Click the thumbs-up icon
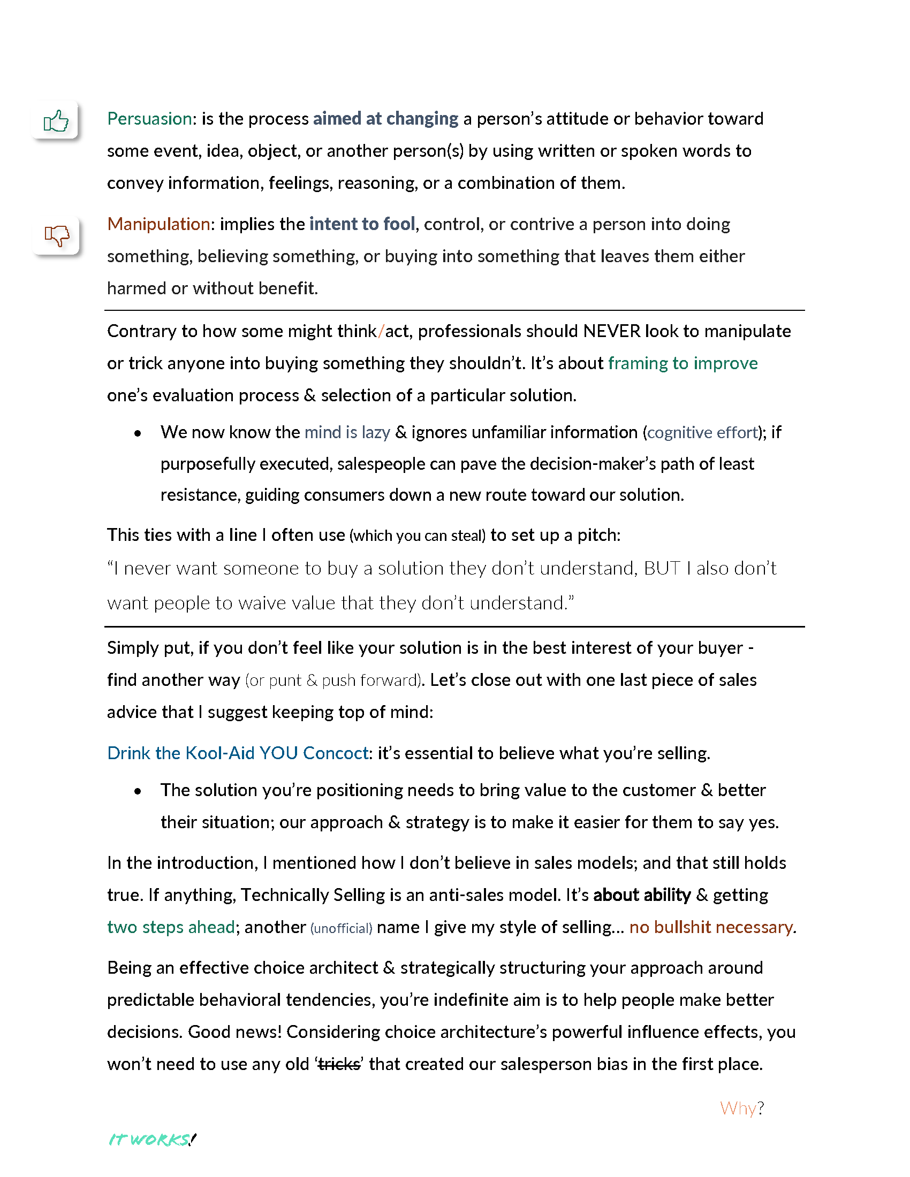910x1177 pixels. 56,121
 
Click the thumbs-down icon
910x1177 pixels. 57,235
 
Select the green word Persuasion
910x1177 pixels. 149,119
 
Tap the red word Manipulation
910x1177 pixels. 158,224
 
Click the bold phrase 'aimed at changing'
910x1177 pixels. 385,119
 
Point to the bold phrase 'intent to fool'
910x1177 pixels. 362,224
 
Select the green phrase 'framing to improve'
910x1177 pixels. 682,363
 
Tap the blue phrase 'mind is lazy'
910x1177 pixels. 347,432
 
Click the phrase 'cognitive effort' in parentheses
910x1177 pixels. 702,432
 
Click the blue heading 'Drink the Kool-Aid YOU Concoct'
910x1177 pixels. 238,753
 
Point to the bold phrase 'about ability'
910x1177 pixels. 641,895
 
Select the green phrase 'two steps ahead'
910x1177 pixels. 171,928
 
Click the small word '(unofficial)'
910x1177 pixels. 342,929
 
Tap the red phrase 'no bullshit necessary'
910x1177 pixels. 711,928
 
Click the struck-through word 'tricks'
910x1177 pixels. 338,1064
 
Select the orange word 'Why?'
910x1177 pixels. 742,1108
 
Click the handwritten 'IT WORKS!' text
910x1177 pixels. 152,1140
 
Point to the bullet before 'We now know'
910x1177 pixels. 138,433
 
